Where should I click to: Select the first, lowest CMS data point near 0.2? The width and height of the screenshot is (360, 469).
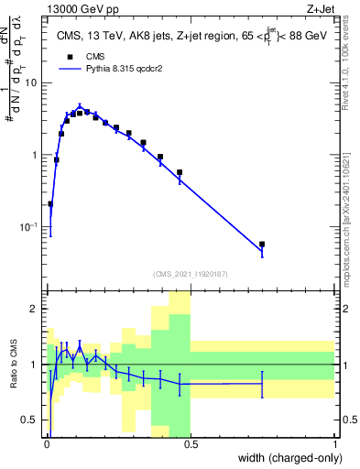point(50,204)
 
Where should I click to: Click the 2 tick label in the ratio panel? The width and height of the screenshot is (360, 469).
point(35,309)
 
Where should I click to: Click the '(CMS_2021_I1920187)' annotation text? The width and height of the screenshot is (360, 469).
point(191,272)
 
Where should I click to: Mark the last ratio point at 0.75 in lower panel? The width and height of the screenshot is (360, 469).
point(262,384)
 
